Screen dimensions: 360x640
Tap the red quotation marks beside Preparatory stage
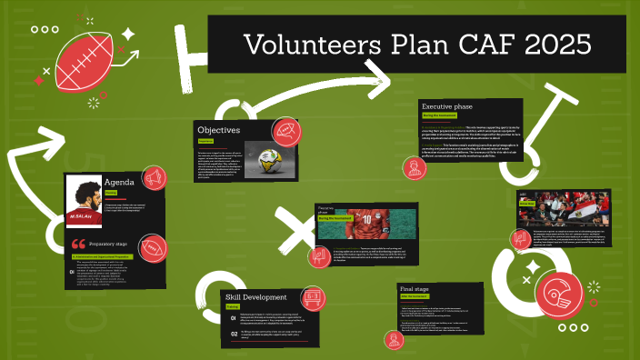click(78, 244)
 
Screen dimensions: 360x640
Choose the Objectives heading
click(219, 130)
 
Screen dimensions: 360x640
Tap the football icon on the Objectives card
click(285, 133)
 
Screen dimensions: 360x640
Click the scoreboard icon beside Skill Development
click(312, 296)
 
